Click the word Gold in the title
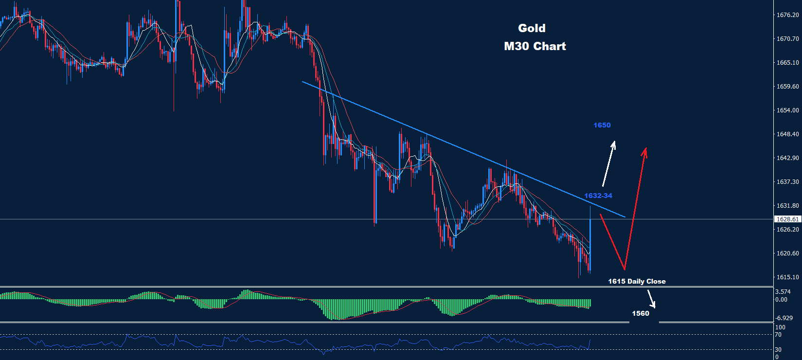point(532,28)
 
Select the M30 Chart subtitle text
point(535,46)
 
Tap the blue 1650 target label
point(602,125)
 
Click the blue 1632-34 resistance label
point(598,196)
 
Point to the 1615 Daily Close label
point(637,281)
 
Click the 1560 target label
point(641,313)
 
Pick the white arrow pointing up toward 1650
point(608,163)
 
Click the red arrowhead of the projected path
point(644,152)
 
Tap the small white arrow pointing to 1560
point(651,299)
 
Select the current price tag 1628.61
point(787,219)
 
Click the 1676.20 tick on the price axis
point(787,15)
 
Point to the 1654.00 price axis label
point(787,110)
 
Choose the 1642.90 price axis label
point(787,158)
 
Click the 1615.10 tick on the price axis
point(787,277)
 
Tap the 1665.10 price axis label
point(787,63)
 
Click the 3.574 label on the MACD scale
point(783,292)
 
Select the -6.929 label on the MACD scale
point(784,318)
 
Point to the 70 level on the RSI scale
point(778,335)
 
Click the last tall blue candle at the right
point(590,238)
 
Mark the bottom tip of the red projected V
point(624,269)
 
